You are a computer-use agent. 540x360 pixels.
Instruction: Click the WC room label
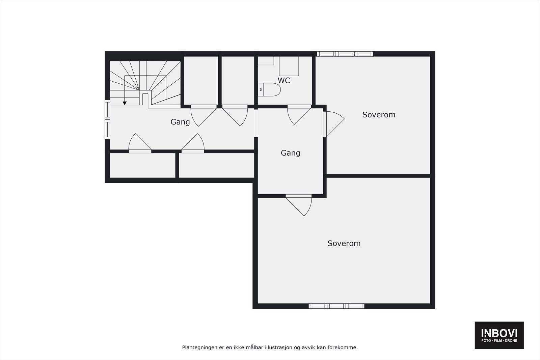[284, 81]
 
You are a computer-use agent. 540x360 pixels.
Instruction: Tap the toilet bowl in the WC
[271, 90]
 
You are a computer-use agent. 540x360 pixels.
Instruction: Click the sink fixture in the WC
[289, 66]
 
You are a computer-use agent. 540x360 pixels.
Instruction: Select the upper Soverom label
[379, 115]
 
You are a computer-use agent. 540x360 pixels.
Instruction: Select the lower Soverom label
[344, 243]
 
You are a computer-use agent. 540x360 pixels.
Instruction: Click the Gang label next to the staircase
[180, 122]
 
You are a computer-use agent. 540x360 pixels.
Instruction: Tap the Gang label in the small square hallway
[290, 153]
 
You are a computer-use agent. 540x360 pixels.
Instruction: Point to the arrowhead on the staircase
[125, 103]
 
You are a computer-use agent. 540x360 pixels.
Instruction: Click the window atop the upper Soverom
[345, 54]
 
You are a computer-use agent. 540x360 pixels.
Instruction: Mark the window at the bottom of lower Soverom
[336, 306]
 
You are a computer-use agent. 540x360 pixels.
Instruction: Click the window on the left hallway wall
[107, 119]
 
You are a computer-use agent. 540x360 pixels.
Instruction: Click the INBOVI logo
[499, 333]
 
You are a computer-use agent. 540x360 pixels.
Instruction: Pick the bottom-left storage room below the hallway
[142, 165]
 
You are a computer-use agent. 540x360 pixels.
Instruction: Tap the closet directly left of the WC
[238, 80]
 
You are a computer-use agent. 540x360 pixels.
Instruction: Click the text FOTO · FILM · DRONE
[499, 341]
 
